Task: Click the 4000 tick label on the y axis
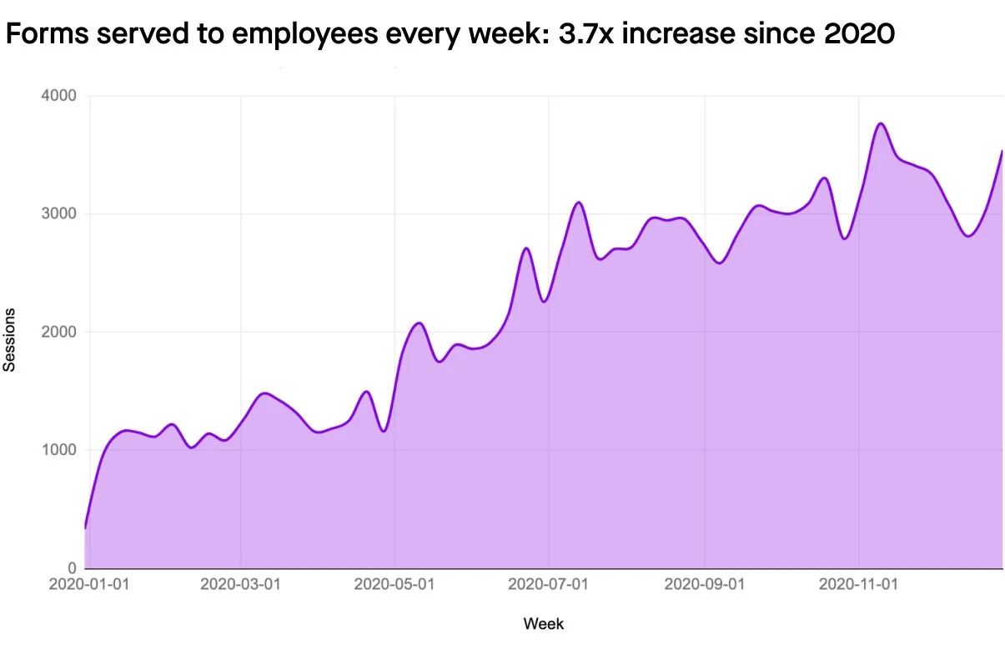[x=58, y=96]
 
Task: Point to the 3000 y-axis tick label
[x=58, y=214]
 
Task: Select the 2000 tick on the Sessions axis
[x=58, y=332]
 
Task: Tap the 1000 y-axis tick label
[x=58, y=451]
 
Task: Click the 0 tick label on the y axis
[x=72, y=569]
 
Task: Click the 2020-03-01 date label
[x=240, y=585]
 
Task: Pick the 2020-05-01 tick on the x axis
[x=394, y=585]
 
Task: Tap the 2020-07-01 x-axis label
[x=549, y=585]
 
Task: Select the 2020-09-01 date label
[x=704, y=585]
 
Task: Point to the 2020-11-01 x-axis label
[x=858, y=585]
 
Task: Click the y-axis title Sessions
[x=10, y=339]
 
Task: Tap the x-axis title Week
[x=543, y=623]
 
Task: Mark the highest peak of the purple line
[x=881, y=123]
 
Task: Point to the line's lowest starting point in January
[x=85, y=527]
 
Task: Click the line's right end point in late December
[x=1001, y=151]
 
